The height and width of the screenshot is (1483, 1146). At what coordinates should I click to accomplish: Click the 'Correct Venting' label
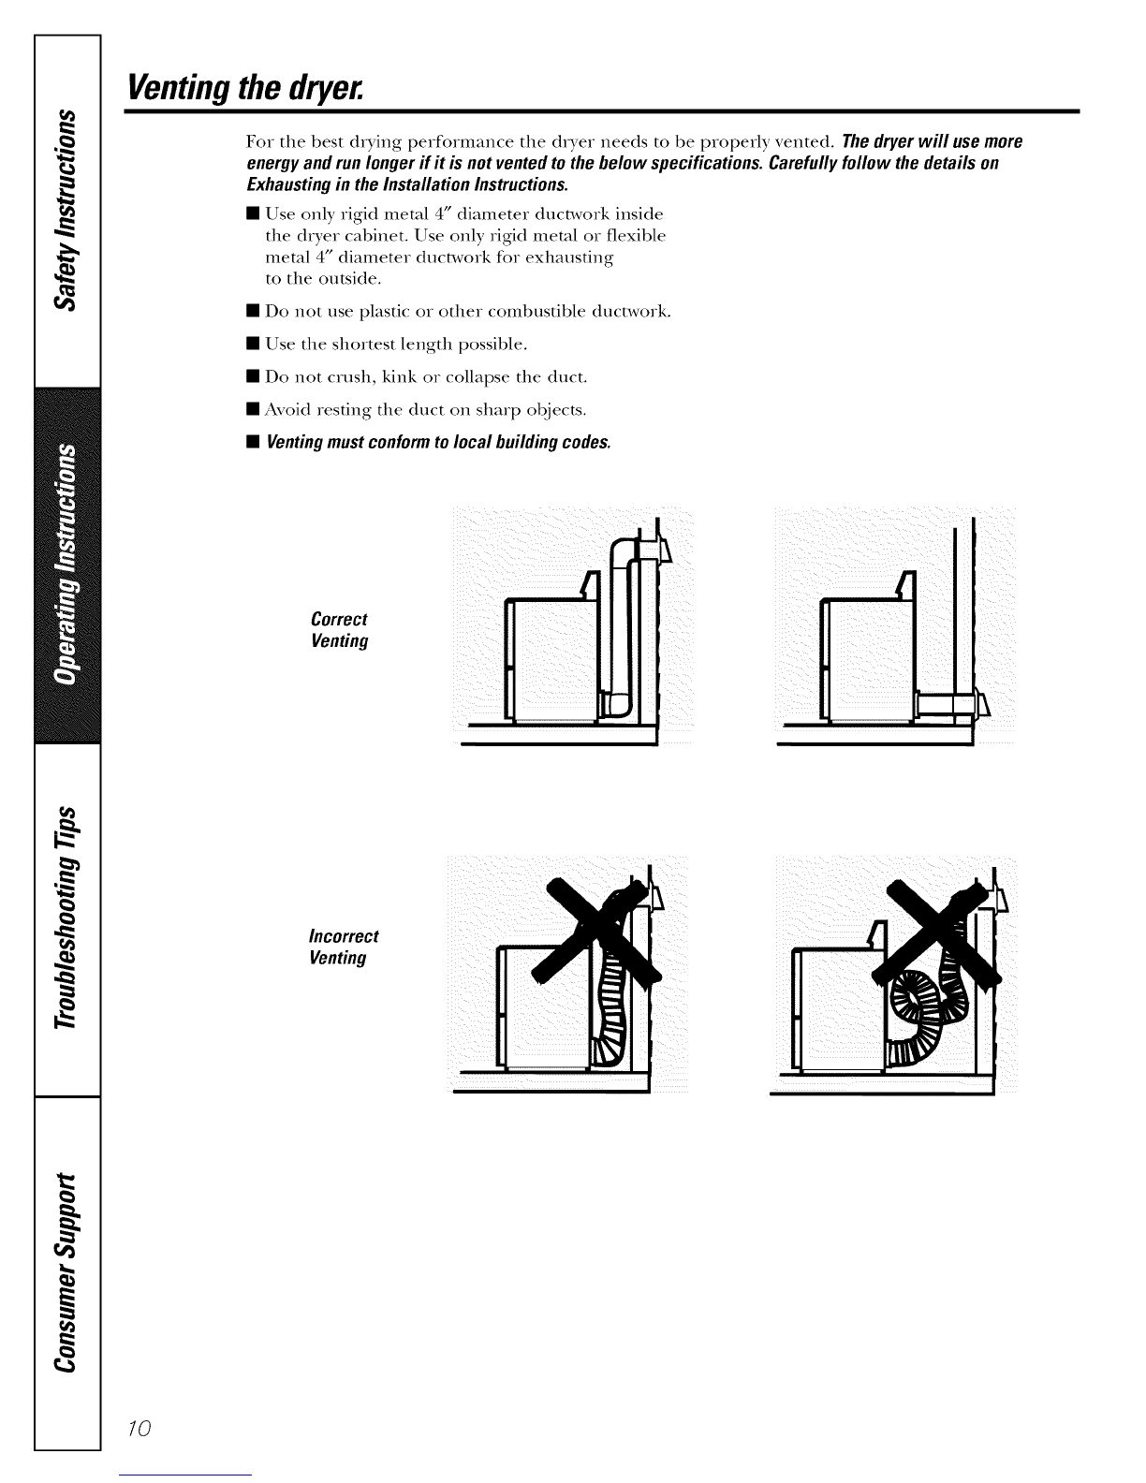(x=339, y=630)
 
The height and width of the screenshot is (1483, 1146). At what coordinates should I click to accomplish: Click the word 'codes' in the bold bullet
(x=585, y=441)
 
